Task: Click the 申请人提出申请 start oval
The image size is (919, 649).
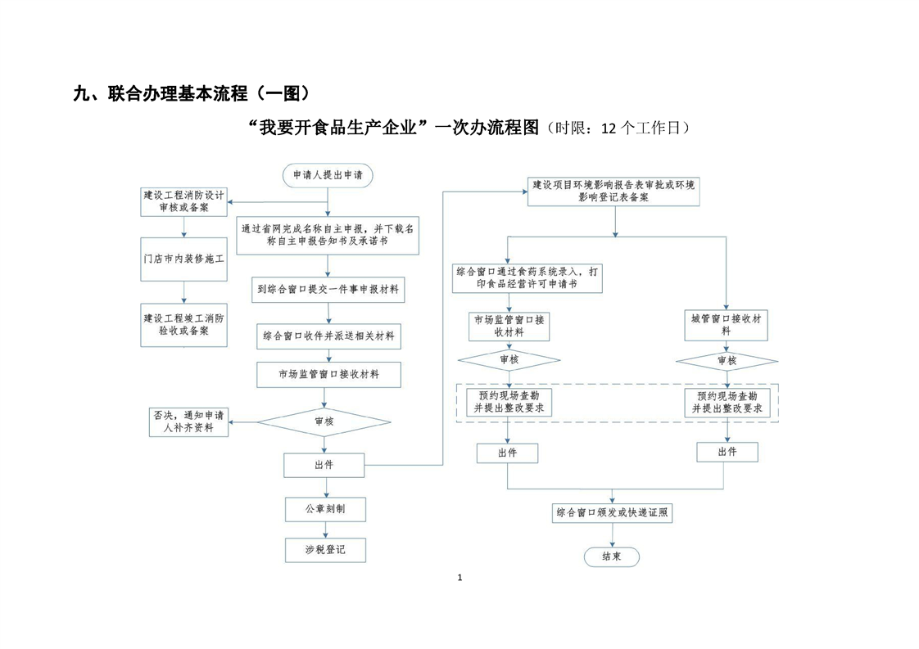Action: point(328,175)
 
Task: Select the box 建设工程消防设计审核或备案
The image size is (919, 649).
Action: point(183,202)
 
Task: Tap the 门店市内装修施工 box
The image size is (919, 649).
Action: point(183,261)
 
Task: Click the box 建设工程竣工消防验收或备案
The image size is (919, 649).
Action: point(183,324)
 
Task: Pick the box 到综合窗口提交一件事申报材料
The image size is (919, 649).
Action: point(328,289)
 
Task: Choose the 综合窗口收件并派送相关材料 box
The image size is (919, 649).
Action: point(328,336)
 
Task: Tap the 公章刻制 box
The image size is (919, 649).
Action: point(325,509)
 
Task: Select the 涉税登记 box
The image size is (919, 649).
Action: point(325,550)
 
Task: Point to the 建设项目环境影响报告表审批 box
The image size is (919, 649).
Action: point(613,192)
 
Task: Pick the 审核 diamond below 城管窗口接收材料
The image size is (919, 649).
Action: point(727,360)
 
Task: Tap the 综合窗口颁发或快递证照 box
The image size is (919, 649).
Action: point(613,513)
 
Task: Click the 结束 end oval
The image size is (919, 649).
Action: point(611,557)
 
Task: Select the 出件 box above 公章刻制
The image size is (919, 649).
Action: point(325,465)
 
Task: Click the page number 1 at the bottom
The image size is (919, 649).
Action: point(459,579)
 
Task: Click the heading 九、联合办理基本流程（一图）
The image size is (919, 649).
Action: point(192,93)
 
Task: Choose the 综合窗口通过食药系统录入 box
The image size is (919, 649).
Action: point(528,277)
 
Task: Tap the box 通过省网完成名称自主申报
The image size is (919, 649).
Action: point(328,236)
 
